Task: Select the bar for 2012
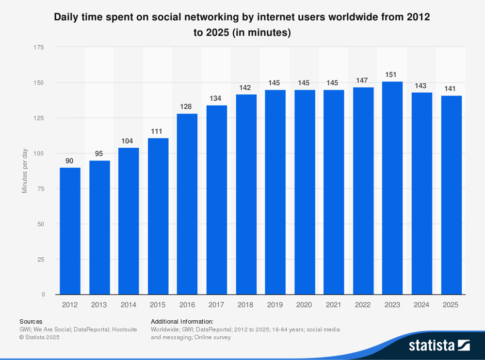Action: [70, 231]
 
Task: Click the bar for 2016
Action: [187, 204]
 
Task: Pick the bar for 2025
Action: [451, 195]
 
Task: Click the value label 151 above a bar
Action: [391, 75]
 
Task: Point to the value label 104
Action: [128, 141]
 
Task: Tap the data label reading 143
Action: [420, 86]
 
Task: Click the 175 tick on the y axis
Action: [39, 47]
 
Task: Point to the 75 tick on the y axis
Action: [41, 188]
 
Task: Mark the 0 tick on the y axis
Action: [43, 295]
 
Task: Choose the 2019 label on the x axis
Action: [275, 305]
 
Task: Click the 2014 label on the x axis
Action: [128, 305]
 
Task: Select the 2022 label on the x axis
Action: [363, 305]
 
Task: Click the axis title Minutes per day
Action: [25, 171]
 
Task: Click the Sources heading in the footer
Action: [31, 321]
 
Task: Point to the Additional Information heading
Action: [182, 321]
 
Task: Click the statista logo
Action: [439, 345]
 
